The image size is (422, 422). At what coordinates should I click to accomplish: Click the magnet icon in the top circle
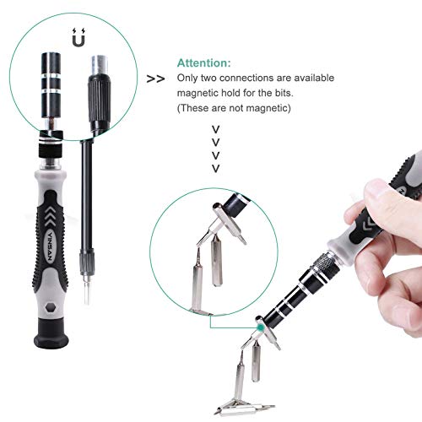78,37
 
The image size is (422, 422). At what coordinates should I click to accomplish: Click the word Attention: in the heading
204,63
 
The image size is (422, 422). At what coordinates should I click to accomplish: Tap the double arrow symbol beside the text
155,79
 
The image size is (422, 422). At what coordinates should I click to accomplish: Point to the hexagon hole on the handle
51,307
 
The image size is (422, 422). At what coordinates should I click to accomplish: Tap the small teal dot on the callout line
261,327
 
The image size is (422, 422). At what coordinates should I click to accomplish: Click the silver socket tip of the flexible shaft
100,65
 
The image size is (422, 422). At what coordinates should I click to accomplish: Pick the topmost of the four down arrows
215,129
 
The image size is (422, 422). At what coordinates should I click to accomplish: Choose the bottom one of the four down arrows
215,169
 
